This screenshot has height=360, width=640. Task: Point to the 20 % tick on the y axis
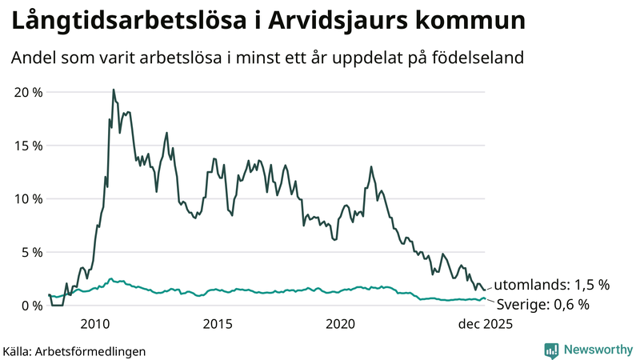[x=28, y=92]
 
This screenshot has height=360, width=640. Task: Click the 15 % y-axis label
[x=28, y=146]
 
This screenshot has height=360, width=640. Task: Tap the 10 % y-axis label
[x=28, y=198]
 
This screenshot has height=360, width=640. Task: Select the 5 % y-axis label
[x=31, y=252]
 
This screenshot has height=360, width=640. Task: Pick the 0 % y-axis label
[x=31, y=306]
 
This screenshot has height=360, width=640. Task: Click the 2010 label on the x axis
[x=95, y=324]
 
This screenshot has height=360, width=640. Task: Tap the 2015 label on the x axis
[x=218, y=324]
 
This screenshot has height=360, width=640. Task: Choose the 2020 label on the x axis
[x=340, y=324]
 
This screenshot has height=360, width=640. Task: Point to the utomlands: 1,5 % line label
[x=551, y=284]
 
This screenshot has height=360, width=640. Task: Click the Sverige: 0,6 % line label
[x=542, y=304]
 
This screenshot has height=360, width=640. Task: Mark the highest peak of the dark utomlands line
[x=113, y=90]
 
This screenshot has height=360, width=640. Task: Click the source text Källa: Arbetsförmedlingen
[x=74, y=350]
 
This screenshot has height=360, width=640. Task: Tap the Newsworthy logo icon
[x=551, y=350]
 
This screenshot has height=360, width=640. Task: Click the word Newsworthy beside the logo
[x=598, y=350]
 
